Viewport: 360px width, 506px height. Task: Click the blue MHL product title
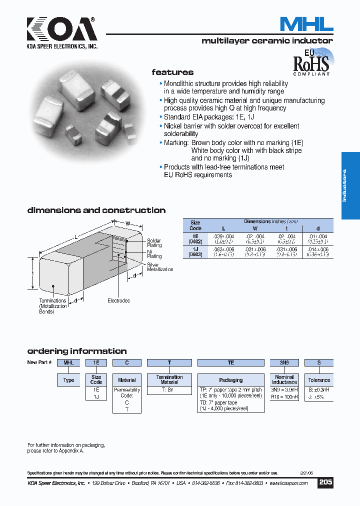click(306, 24)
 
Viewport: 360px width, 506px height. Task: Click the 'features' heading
click(172, 72)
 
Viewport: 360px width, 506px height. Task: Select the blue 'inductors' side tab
click(350, 185)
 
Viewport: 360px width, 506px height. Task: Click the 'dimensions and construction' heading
click(96, 210)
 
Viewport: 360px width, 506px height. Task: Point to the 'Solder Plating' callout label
click(154, 243)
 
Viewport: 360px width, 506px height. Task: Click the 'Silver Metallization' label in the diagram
click(159, 266)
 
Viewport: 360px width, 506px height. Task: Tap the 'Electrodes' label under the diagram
click(118, 300)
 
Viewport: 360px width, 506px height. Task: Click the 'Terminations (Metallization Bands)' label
click(53, 306)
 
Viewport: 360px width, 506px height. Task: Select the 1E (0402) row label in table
click(195, 238)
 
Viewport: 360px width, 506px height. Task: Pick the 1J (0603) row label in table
click(195, 251)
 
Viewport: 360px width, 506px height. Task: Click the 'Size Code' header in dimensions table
click(195, 225)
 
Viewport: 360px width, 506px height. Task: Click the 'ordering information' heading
click(76, 351)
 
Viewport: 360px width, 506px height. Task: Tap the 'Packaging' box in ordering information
click(231, 380)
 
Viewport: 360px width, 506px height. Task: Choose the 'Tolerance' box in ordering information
click(318, 380)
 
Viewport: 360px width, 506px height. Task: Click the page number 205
click(325, 482)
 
